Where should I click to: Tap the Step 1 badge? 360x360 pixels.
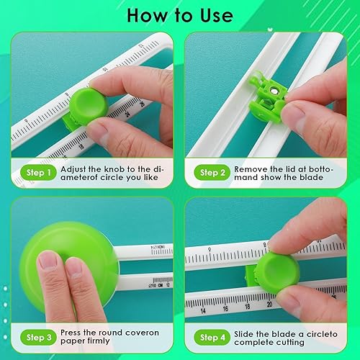[38, 172]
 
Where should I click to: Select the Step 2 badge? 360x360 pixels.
[212, 172]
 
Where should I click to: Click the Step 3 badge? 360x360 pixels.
[38, 337]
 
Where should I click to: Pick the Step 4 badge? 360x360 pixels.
[212, 337]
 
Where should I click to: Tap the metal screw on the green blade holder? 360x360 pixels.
[274, 91]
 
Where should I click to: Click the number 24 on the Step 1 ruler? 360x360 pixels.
[127, 114]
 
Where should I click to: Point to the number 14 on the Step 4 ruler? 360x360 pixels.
[203, 311]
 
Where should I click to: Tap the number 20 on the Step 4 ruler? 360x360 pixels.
[269, 305]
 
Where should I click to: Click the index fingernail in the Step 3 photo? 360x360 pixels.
[48, 260]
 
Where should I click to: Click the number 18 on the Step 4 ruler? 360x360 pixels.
[247, 307]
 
